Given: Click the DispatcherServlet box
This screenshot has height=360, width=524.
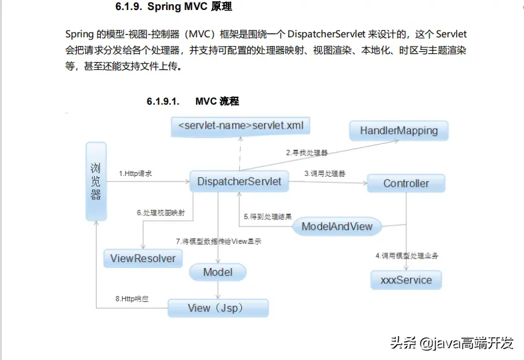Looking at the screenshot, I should pyautogui.click(x=239, y=181).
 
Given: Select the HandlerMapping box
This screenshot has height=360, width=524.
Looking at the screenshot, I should pyautogui.click(x=399, y=131).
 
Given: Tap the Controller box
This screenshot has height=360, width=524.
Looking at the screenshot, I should pyautogui.click(x=405, y=183).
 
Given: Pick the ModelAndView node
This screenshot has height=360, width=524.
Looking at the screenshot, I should pyautogui.click(x=337, y=226).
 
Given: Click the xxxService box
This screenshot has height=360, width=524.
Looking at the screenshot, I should pyautogui.click(x=406, y=280).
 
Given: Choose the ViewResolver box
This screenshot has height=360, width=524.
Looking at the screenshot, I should pyautogui.click(x=143, y=258).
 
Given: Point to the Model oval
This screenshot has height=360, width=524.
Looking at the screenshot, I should pyautogui.click(x=217, y=272).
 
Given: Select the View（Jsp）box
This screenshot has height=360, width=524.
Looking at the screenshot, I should pyautogui.click(x=217, y=308).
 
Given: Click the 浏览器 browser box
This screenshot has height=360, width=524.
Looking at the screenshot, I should pyautogui.click(x=96, y=181).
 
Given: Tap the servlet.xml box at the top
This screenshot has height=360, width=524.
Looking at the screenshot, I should pyautogui.click(x=240, y=125).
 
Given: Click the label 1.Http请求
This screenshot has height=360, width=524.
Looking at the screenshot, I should pyautogui.click(x=135, y=173).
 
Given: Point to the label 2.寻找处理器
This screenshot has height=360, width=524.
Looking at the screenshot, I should pyautogui.click(x=307, y=153).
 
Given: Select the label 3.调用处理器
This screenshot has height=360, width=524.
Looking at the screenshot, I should pyautogui.click(x=325, y=173).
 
